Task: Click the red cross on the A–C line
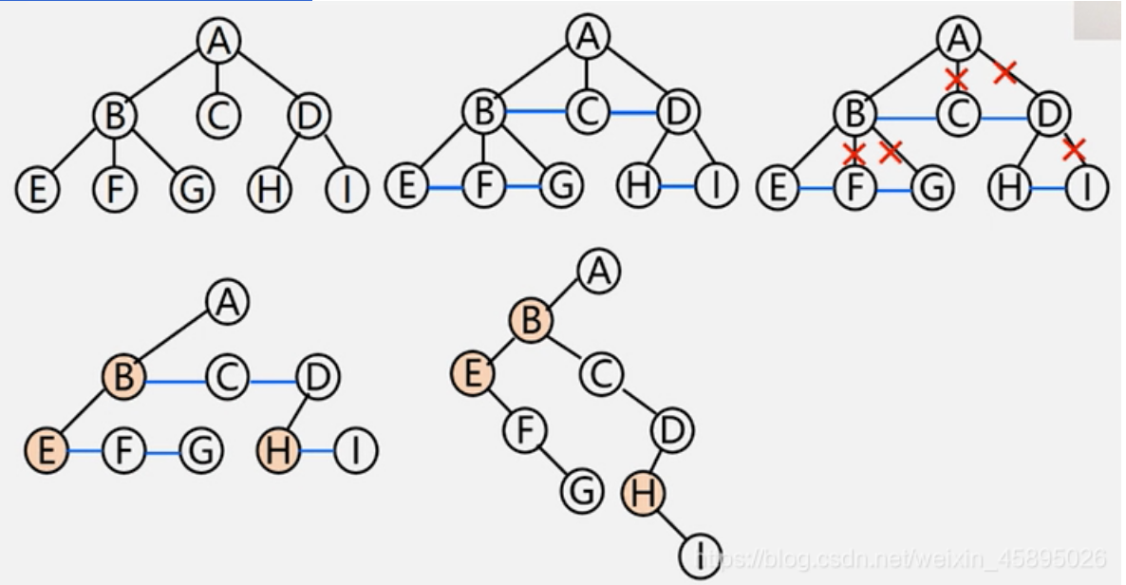(x=956, y=79)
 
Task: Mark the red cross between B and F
(x=854, y=153)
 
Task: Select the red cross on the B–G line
(x=891, y=150)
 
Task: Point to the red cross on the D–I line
(x=1074, y=148)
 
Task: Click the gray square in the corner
(x=1098, y=20)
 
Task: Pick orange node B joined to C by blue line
(x=124, y=381)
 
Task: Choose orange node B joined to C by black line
(x=531, y=321)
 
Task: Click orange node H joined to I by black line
(x=643, y=493)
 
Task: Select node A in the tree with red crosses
(x=960, y=40)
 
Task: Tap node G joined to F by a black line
(x=581, y=490)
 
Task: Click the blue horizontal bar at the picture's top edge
(x=156, y=1)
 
